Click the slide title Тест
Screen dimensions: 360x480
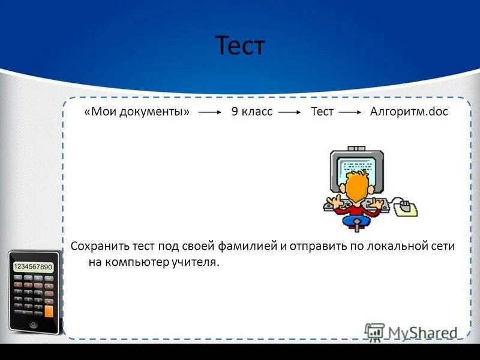point(240,46)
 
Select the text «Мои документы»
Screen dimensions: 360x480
point(137,112)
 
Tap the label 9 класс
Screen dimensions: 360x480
point(252,112)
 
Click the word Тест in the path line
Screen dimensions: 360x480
point(322,112)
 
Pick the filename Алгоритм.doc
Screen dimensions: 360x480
point(409,112)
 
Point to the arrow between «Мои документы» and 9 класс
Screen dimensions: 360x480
point(211,113)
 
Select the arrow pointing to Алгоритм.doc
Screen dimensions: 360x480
point(351,113)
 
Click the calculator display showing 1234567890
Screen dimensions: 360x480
point(33,266)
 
